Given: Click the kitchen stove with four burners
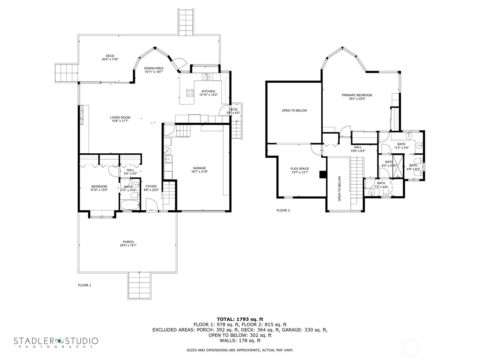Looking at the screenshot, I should click(190, 93).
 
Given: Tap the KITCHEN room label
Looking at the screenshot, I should click(208, 91).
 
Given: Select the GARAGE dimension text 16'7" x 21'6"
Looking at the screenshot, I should click(199, 172).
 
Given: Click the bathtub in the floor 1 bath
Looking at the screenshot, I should click(130, 206).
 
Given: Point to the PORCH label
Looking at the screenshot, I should click(128, 242).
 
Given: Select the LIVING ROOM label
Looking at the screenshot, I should click(120, 118).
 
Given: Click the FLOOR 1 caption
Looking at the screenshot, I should click(84, 285).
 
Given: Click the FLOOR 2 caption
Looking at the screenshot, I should click(283, 211).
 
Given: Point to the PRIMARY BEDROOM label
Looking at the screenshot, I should click(357, 95).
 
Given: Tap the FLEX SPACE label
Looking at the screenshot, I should click(300, 169).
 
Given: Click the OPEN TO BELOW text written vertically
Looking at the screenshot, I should click(340, 188).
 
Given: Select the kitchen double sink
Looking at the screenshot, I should click(206, 76).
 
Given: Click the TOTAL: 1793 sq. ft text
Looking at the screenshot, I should click(240, 319).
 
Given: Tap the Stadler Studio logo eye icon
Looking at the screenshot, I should click(59, 341).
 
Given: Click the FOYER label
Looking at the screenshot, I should click(151, 186).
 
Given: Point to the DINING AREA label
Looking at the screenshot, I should click(154, 68).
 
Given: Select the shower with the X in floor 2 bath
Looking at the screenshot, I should click(398, 166).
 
